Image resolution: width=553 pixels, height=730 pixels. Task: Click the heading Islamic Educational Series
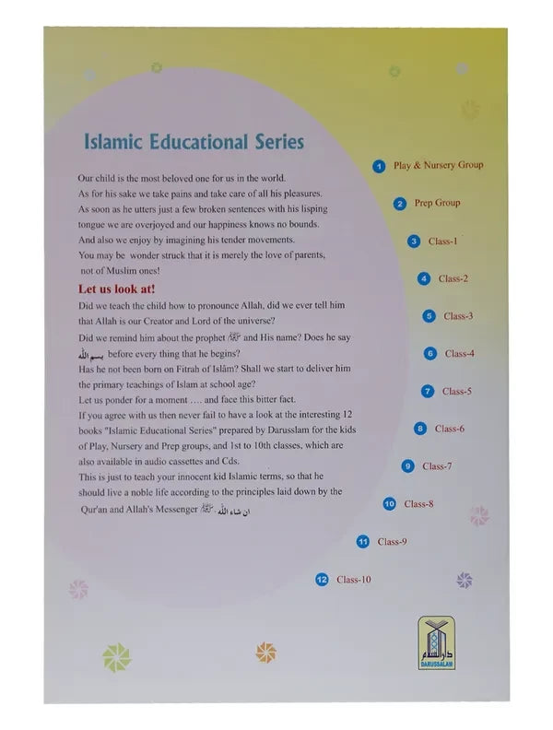point(194,142)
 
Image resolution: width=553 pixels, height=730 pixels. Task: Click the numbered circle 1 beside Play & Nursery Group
point(379,167)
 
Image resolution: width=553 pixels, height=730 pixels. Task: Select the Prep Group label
point(437,203)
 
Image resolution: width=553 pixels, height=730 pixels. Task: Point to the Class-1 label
point(442,241)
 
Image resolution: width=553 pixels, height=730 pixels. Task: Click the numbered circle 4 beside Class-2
point(424,278)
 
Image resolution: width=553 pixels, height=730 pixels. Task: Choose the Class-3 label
point(458,316)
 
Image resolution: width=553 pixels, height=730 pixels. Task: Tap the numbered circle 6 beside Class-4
point(430,354)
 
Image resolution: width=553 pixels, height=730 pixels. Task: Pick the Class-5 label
point(456,392)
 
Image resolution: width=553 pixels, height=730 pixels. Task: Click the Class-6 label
point(450,429)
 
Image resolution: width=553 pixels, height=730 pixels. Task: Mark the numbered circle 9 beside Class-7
point(407,466)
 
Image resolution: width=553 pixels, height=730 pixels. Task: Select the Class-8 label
point(418,504)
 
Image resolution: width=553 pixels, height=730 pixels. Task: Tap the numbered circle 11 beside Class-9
point(363,542)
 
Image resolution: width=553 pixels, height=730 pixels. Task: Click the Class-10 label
point(353,580)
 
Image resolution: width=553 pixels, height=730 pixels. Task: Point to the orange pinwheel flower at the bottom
point(266,653)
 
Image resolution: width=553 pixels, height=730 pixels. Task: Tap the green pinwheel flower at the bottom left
point(116,656)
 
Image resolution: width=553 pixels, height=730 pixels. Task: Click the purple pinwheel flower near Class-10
point(465,581)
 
